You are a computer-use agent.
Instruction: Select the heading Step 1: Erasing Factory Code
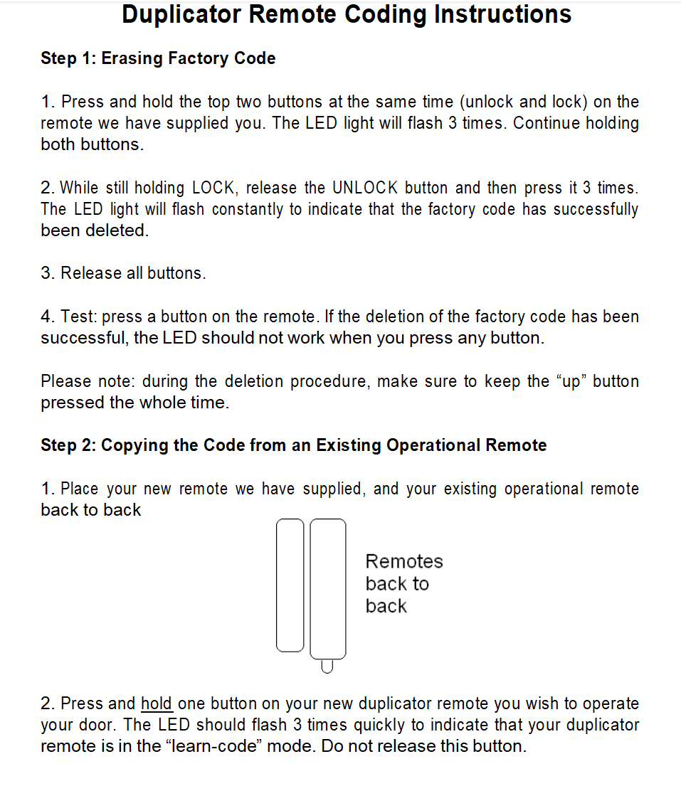[x=158, y=58]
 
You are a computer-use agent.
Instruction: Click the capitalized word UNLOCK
[x=365, y=188]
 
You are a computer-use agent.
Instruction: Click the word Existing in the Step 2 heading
[x=348, y=445]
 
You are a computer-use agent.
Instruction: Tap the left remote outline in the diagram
[x=290, y=585]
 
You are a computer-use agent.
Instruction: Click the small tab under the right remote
[x=327, y=666]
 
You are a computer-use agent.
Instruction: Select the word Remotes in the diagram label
[x=404, y=561]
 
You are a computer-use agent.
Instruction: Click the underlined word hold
[x=157, y=703]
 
